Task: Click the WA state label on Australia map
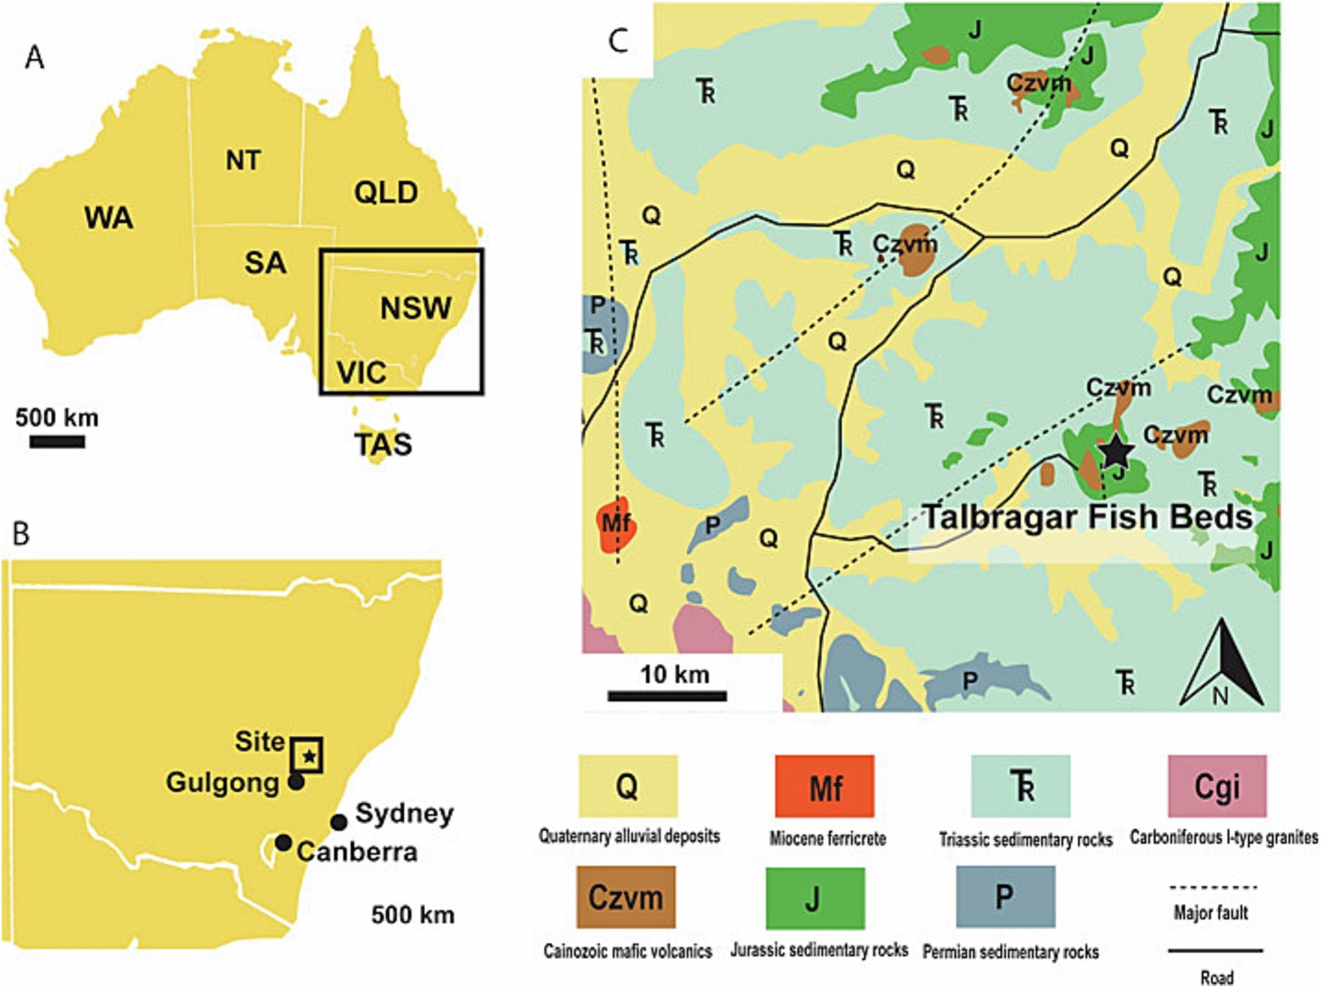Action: point(109,218)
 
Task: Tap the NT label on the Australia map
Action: point(243,160)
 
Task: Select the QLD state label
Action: point(386,193)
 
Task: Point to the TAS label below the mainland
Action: point(383,444)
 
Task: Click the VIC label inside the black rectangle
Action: point(361,373)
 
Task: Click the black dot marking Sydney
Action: point(339,822)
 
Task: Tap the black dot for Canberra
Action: point(283,842)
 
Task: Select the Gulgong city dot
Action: point(296,782)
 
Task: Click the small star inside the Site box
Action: point(308,757)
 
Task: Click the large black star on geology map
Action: point(1115,452)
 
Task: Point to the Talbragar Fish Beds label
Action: point(1087,517)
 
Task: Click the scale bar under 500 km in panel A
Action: point(57,442)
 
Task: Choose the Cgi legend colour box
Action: point(1217,786)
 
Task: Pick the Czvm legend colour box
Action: point(626,897)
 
